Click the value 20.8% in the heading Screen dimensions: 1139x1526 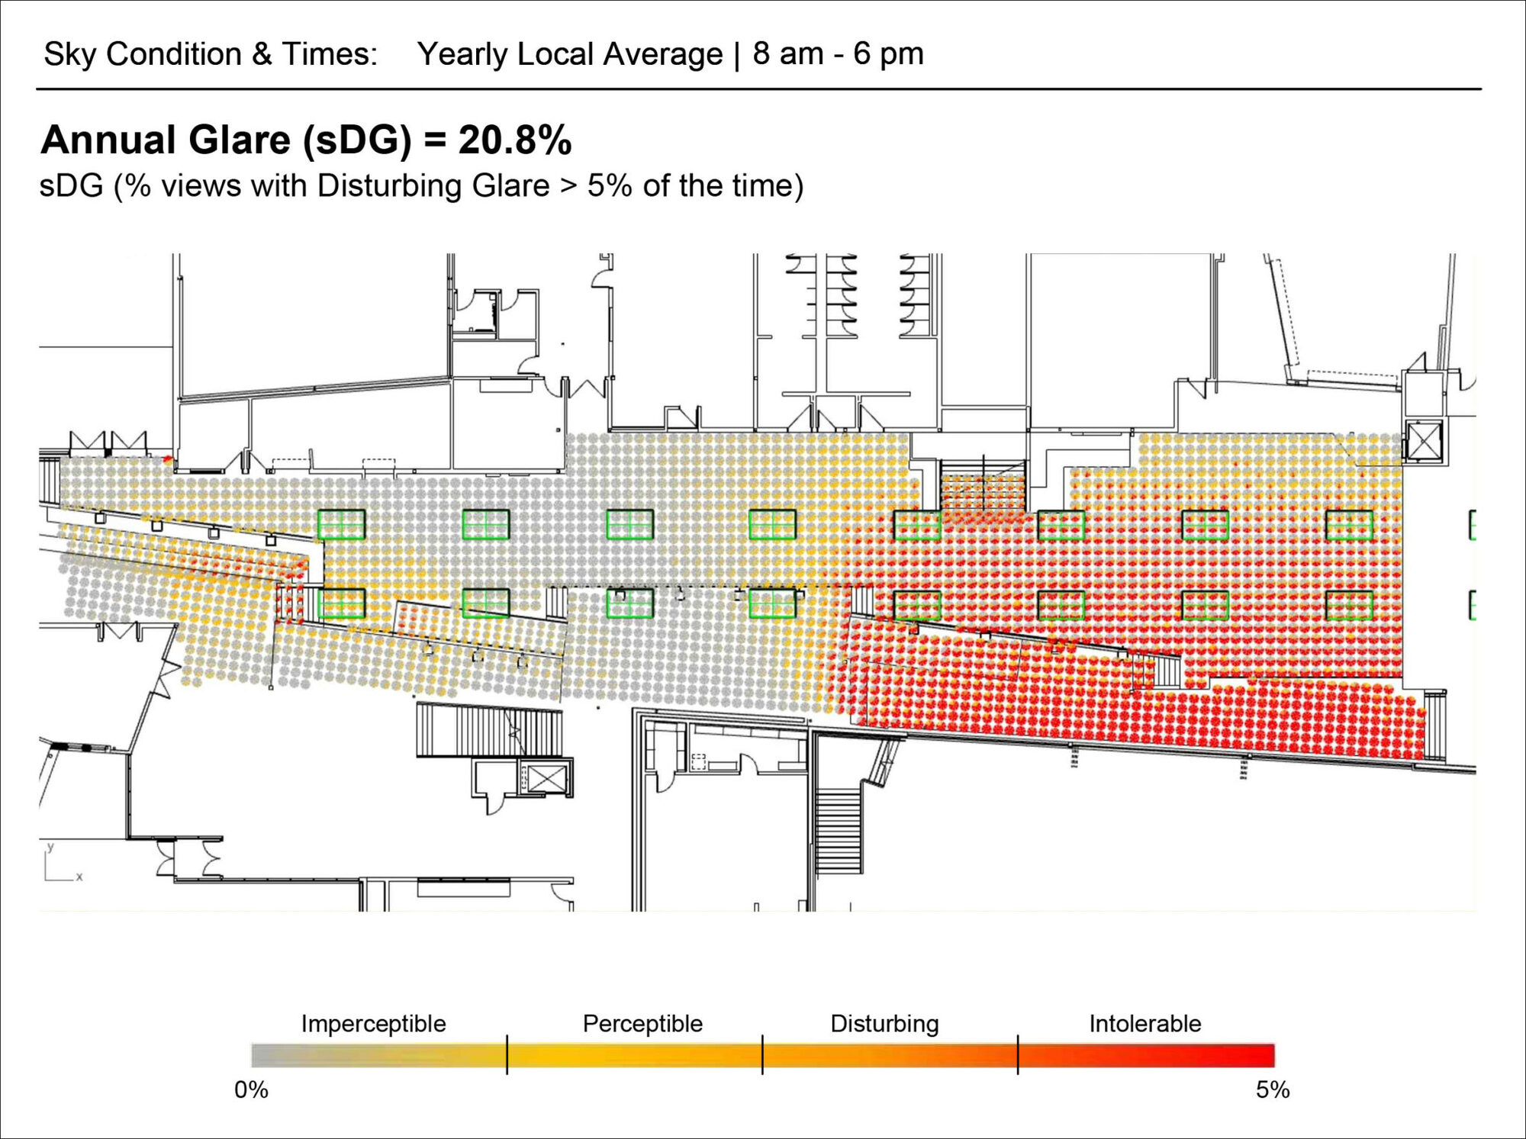(x=514, y=140)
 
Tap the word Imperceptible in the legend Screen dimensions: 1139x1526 (x=373, y=1023)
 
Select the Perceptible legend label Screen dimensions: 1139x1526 (x=642, y=1023)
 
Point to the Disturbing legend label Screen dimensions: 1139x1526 (x=884, y=1023)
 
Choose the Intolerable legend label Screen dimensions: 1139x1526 (x=1144, y=1023)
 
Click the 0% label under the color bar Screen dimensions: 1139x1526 (x=251, y=1089)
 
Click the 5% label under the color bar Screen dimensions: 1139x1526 (x=1273, y=1089)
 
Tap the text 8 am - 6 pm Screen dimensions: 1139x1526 (x=838, y=54)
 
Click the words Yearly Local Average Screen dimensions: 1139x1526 (x=569, y=54)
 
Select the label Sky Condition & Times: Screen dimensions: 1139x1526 (x=211, y=54)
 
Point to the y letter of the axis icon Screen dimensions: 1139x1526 (x=51, y=847)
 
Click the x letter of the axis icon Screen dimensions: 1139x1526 (x=79, y=877)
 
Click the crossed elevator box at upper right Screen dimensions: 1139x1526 (x=1424, y=441)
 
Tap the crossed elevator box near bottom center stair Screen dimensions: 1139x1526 (x=546, y=779)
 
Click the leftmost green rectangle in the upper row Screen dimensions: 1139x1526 (x=341, y=525)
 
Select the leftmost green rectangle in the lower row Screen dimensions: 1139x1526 (x=341, y=603)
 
